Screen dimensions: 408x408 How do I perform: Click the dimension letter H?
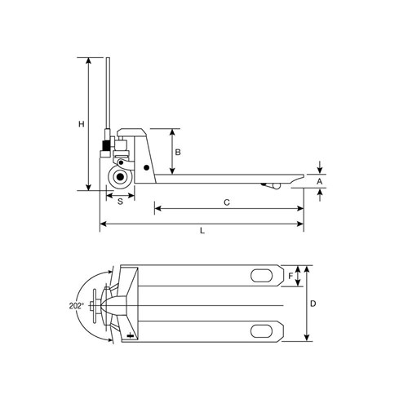point(81,124)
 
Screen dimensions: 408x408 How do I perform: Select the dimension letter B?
point(178,152)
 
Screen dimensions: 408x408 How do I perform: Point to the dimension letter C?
point(226,200)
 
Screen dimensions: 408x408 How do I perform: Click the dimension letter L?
point(202,232)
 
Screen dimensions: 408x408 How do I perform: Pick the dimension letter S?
point(120,200)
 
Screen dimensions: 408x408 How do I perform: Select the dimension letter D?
point(313,304)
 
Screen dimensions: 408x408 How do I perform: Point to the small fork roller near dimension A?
point(272,188)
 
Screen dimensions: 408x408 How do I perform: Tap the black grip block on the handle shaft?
point(105,147)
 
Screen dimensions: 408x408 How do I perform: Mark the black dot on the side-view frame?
point(147,168)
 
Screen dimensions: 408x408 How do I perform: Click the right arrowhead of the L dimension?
point(301,223)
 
